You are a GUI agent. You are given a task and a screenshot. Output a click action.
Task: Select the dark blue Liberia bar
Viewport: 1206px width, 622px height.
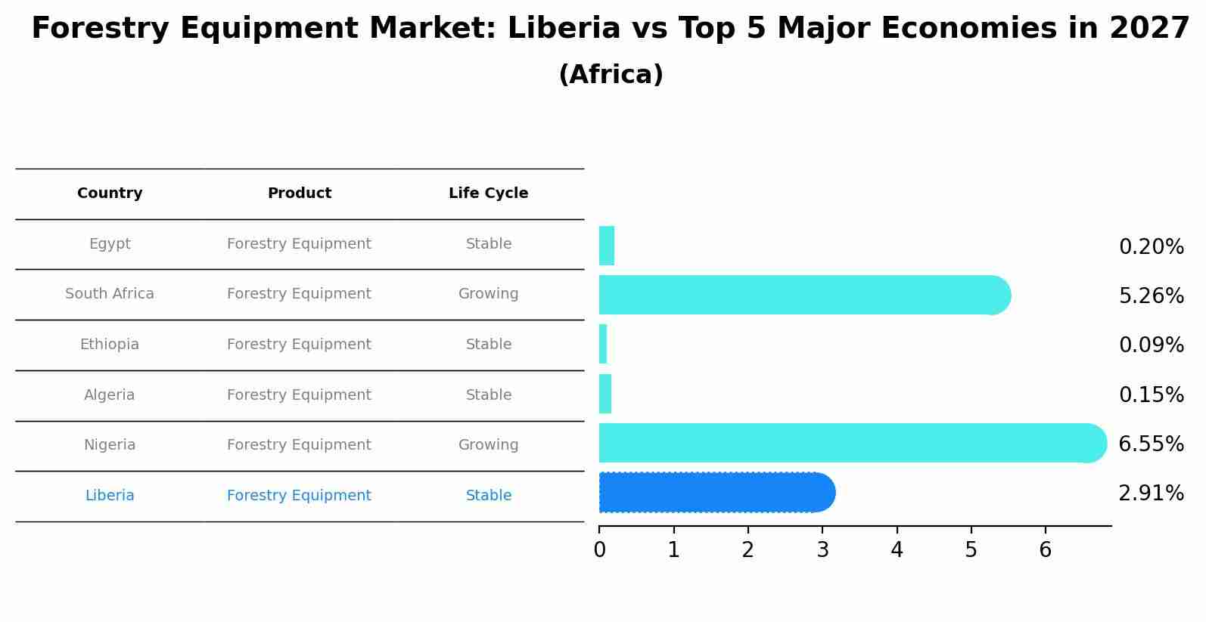click(715, 493)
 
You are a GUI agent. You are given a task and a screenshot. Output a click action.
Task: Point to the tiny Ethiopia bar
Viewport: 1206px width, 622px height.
click(603, 344)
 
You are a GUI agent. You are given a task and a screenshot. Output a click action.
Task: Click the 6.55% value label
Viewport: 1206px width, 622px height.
click(1151, 444)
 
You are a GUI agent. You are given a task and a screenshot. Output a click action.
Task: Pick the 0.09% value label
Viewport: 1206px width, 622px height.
click(1151, 345)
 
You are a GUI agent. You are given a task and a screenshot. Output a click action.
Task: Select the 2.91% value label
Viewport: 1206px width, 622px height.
click(1151, 494)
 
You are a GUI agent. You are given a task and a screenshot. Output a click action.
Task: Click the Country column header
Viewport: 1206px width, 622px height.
click(110, 193)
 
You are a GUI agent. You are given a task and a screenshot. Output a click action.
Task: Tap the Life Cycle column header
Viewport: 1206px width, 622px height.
click(488, 193)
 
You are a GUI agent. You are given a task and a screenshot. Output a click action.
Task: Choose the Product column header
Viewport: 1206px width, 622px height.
click(300, 193)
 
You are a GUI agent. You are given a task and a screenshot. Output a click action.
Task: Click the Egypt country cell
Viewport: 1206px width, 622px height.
click(110, 244)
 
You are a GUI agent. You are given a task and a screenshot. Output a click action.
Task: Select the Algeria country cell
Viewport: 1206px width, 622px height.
click(110, 395)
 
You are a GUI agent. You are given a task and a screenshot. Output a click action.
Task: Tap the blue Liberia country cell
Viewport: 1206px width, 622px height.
click(110, 496)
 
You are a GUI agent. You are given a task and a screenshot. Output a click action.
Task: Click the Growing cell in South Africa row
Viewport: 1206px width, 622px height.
click(488, 294)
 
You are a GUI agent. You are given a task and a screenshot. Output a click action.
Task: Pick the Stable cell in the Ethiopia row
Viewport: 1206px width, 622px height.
click(488, 345)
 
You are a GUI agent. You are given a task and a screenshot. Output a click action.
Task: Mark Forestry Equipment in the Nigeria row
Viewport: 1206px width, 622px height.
click(299, 445)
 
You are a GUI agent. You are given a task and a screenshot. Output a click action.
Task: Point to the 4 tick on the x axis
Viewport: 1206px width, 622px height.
click(897, 550)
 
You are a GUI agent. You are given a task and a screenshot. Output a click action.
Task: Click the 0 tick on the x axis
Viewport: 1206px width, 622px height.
click(599, 550)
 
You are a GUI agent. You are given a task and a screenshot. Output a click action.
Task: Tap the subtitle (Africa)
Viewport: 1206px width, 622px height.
click(611, 75)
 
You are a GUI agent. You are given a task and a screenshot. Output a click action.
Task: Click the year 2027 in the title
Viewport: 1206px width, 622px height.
click(1149, 29)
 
